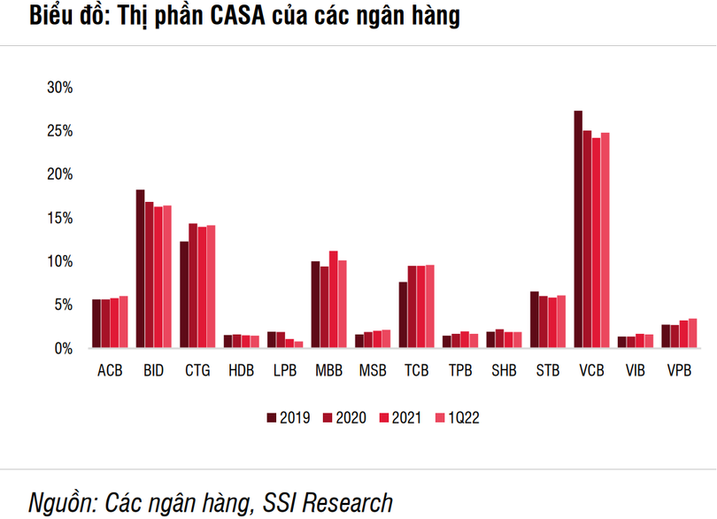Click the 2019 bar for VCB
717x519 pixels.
click(578, 229)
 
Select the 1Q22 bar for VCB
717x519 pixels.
click(605, 240)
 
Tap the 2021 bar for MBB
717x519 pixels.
click(333, 299)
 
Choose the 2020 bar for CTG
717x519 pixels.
click(193, 285)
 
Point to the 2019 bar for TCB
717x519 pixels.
click(403, 314)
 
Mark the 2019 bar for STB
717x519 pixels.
click(535, 320)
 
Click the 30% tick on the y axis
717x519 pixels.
click(59, 88)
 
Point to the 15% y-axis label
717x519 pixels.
click(59, 218)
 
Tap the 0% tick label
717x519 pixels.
click(63, 348)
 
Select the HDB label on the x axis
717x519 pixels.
click(241, 370)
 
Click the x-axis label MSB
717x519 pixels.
click(373, 370)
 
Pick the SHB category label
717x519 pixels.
click(504, 370)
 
